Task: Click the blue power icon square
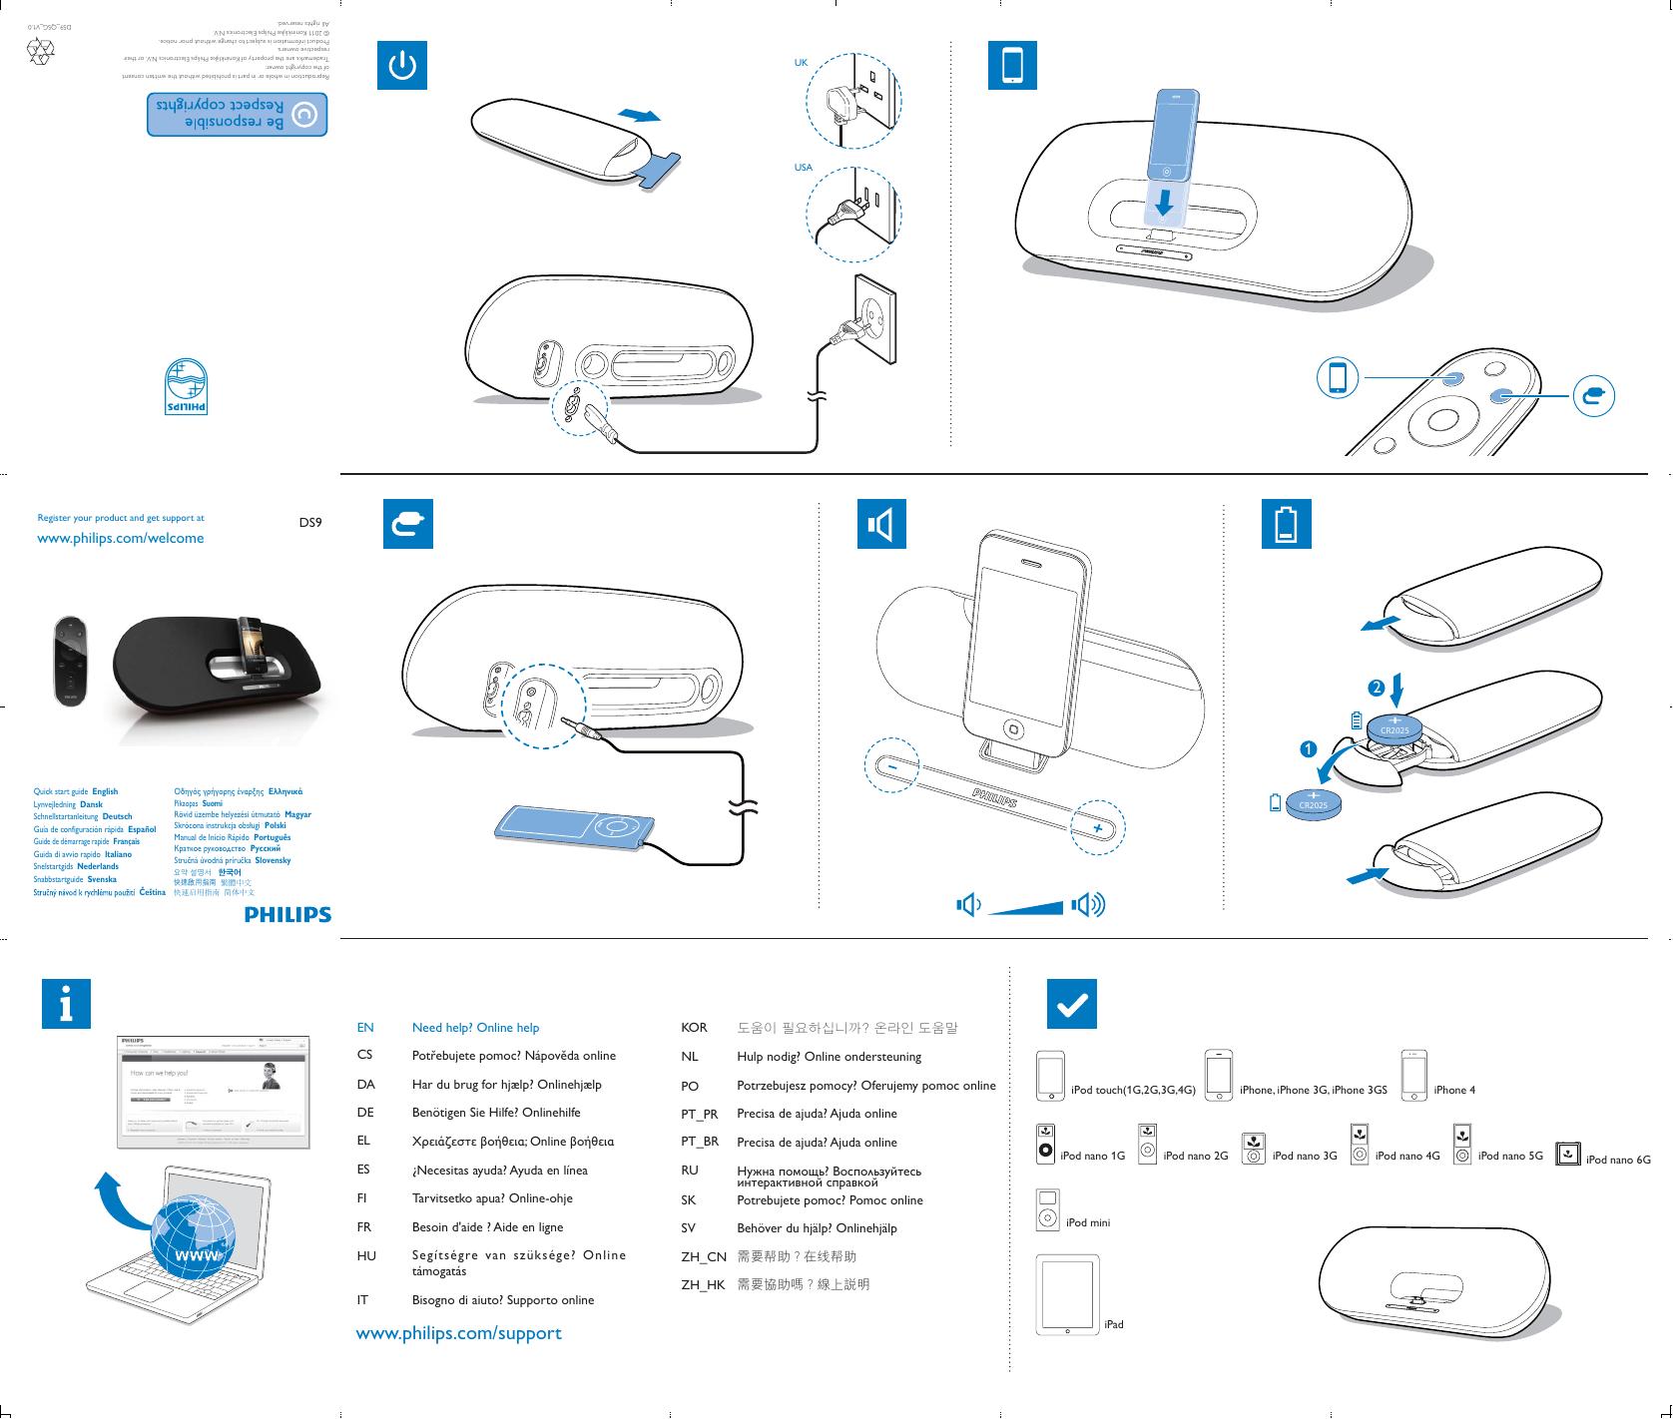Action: pos(402,66)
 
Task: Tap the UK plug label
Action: pos(801,63)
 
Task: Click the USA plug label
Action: pos(804,168)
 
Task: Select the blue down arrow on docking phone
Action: pos(1162,204)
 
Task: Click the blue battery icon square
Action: pos(1286,524)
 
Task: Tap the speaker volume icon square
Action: pos(881,524)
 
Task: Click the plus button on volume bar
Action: pos(1097,829)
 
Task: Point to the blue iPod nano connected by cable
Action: pos(576,827)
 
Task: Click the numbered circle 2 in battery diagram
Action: pos(1376,688)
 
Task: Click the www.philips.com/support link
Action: pos(459,1333)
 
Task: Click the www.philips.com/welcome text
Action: pos(120,538)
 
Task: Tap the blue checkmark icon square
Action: pos(1071,1003)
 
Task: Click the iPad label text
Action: pos(1114,1324)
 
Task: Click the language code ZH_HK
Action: pos(703,1285)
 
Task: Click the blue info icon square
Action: pos(66,1003)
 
